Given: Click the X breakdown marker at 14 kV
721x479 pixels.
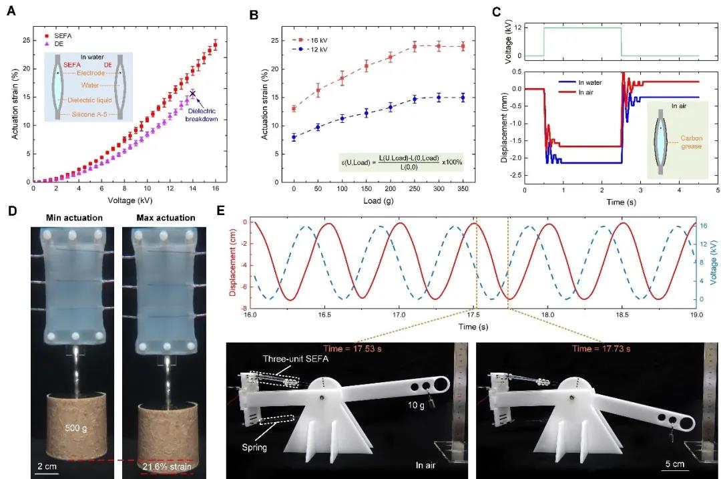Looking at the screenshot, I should coord(193,94).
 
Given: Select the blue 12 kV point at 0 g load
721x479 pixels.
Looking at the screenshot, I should coord(294,137).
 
